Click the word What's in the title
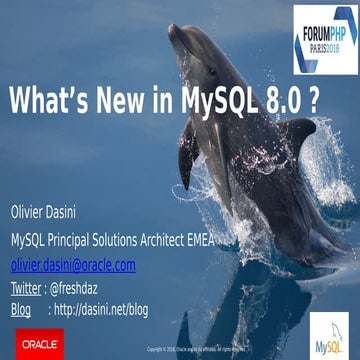(x=50, y=101)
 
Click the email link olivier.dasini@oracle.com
(x=73, y=264)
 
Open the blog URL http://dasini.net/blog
(x=100, y=309)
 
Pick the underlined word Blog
(x=21, y=309)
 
